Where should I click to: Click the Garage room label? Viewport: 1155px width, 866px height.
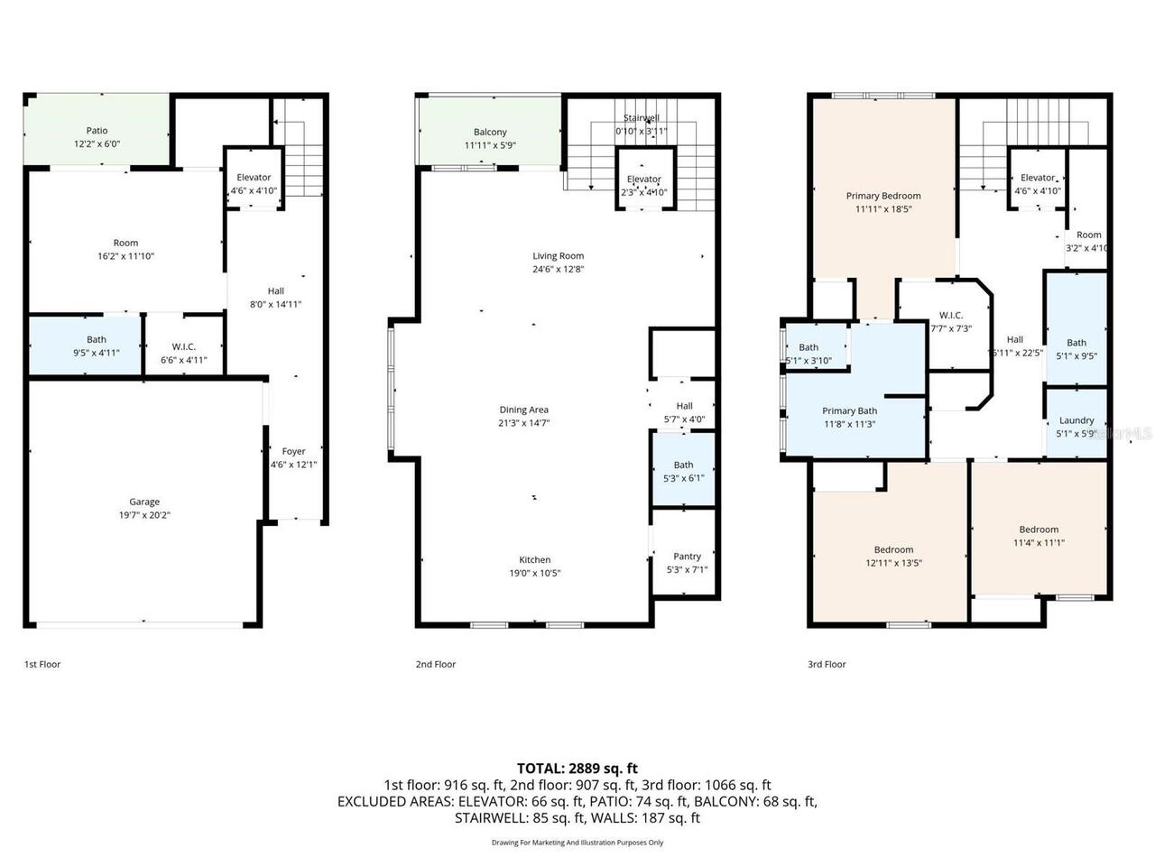tap(144, 502)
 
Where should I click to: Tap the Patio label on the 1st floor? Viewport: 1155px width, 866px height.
tap(97, 131)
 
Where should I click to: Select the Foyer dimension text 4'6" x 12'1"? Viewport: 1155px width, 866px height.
tap(293, 465)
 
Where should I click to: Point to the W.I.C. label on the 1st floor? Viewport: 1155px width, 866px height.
tap(184, 347)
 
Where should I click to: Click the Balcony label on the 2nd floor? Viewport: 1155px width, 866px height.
tap(490, 133)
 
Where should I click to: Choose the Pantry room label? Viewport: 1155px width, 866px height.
tap(687, 557)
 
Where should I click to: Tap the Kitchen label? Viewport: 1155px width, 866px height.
tap(535, 560)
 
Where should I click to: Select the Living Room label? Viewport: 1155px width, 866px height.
tap(558, 256)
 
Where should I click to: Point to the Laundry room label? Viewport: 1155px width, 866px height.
tap(1076, 420)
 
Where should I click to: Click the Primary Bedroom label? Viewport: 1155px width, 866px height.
tap(883, 196)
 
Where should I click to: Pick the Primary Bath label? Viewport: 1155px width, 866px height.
tap(849, 411)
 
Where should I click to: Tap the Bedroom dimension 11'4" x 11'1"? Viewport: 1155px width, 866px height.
tap(1039, 543)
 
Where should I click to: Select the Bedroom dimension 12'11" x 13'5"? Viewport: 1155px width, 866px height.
tap(893, 563)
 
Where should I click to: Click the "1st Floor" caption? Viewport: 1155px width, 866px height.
tap(42, 665)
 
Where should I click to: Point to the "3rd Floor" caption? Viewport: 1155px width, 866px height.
tap(827, 665)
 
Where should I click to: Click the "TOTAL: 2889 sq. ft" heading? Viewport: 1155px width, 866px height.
tap(577, 769)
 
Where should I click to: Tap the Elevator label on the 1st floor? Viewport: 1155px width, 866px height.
tap(254, 178)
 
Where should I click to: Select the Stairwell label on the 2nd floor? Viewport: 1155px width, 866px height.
tap(642, 118)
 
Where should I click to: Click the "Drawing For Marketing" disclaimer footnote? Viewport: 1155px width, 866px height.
tap(577, 843)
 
